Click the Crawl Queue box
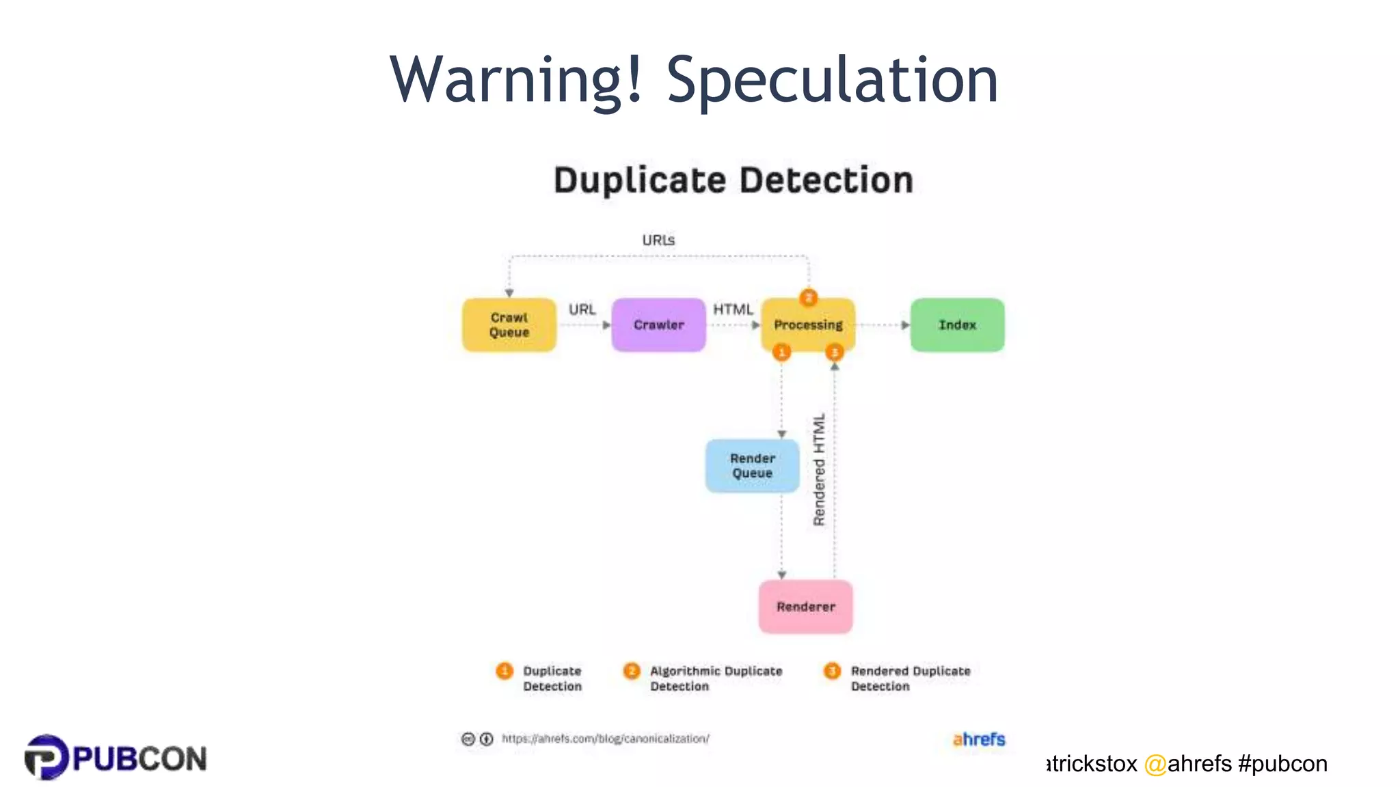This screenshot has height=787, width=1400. pyautogui.click(x=509, y=325)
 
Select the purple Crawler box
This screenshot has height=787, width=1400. pyautogui.click(x=658, y=325)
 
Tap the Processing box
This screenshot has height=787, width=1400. pyautogui.click(x=808, y=325)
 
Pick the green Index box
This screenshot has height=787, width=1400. pyautogui.click(x=957, y=325)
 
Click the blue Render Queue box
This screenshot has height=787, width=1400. pyautogui.click(x=752, y=466)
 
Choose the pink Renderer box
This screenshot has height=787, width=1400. pyautogui.click(x=805, y=607)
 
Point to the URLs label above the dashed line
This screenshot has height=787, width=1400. pyautogui.click(x=658, y=240)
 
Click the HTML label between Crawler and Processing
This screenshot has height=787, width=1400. pyautogui.click(x=733, y=309)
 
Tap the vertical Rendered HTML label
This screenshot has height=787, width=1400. pyautogui.click(x=819, y=470)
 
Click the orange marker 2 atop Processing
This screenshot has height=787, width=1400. pyautogui.click(x=809, y=298)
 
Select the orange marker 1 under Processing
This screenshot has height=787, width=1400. pyautogui.click(x=781, y=352)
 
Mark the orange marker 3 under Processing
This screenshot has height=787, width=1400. pyautogui.click(x=835, y=352)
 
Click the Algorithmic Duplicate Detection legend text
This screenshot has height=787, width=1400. pyautogui.click(x=715, y=678)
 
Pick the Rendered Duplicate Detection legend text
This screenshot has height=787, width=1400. pyautogui.click(x=910, y=678)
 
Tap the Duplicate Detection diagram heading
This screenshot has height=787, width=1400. pyautogui.click(x=733, y=180)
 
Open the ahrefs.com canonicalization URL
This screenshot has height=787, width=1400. pyautogui.click(x=605, y=738)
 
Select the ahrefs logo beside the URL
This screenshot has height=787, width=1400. pyautogui.click(x=979, y=739)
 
